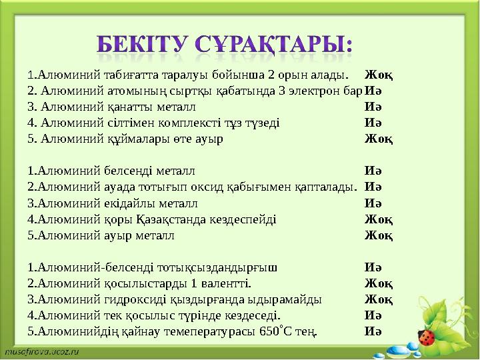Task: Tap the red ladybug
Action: [x=425, y=337]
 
